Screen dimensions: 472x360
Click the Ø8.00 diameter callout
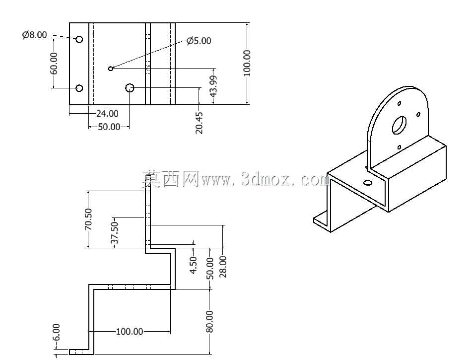[35, 35]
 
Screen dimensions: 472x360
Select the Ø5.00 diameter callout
[199, 41]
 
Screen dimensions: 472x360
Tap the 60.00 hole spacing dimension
[54, 63]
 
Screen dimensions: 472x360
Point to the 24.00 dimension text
[107, 114]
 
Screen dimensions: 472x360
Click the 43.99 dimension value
[213, 86]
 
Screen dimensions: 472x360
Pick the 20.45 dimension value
[199, 123]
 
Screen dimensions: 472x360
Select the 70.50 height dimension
[88, 219]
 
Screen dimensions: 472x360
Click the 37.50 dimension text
[115, 232]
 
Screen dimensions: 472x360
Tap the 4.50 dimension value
[193, 265]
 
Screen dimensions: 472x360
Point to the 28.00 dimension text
[223, 266]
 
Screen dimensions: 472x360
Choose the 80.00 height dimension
[210, 321]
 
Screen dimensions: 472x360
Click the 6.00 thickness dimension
[56, 332]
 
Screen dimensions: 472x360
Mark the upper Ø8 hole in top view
[79, 39]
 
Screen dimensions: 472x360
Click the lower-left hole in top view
[79, 88]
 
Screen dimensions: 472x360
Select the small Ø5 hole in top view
[111, 69]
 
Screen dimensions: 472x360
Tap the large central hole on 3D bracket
[399, 125]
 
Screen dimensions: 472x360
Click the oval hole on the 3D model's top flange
[368, 183]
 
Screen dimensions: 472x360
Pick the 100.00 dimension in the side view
[130, 331]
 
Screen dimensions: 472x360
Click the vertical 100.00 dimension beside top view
[247, 63]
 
